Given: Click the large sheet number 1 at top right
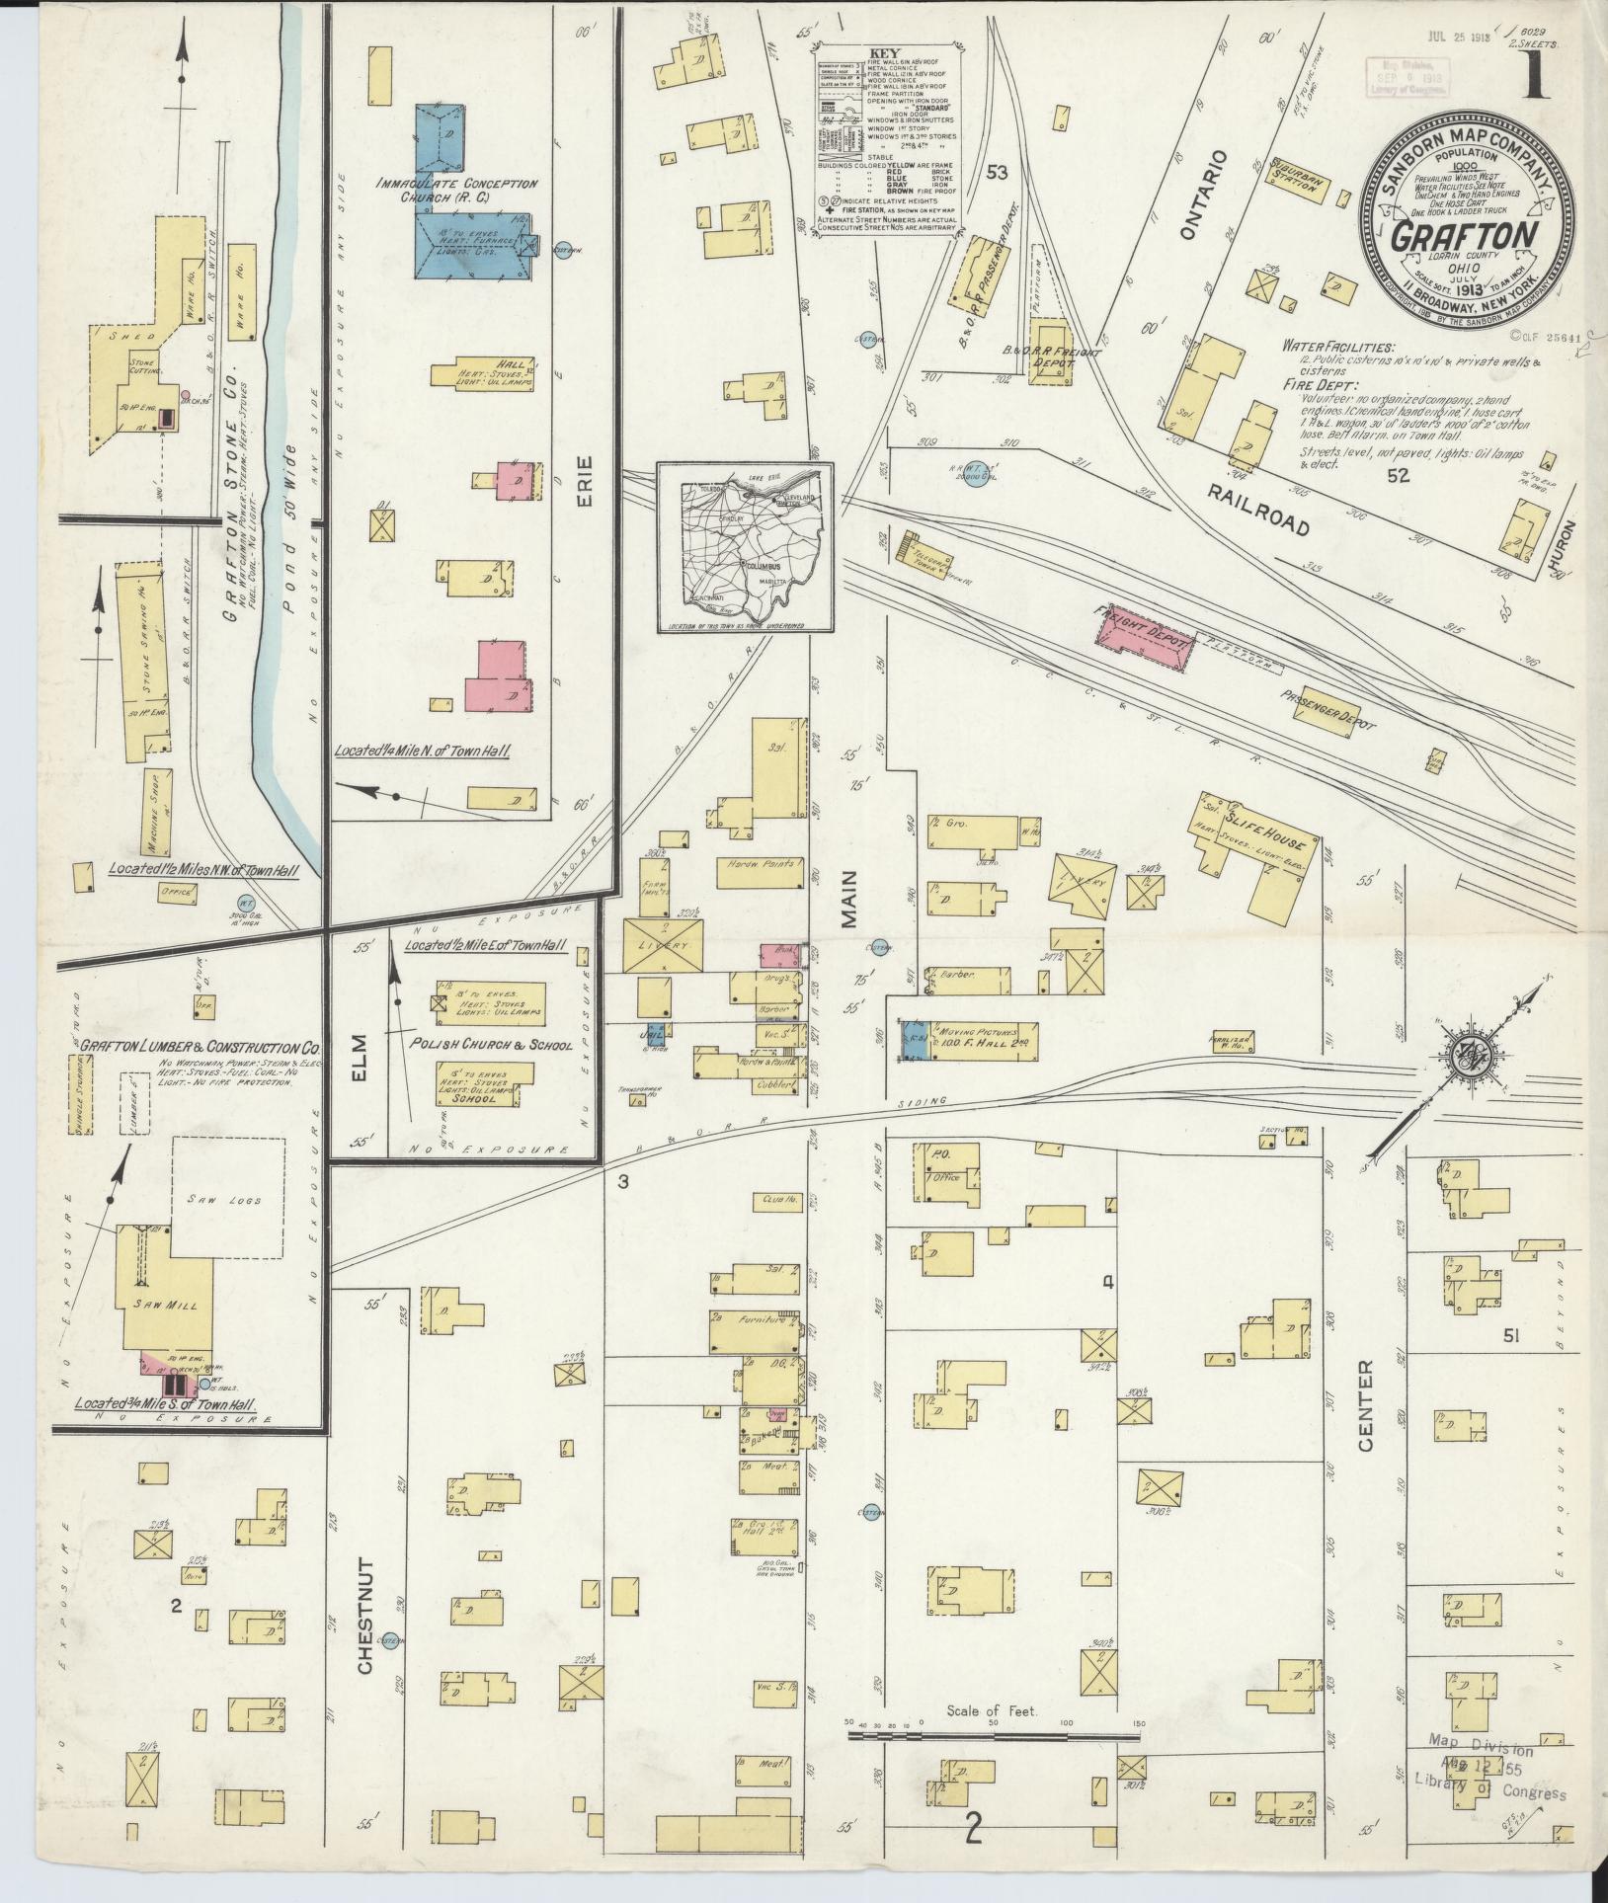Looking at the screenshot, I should coord(1535,76).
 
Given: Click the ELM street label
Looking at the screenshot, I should coord(357,1060).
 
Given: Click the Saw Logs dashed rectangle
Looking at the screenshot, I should coord(229,1198).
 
